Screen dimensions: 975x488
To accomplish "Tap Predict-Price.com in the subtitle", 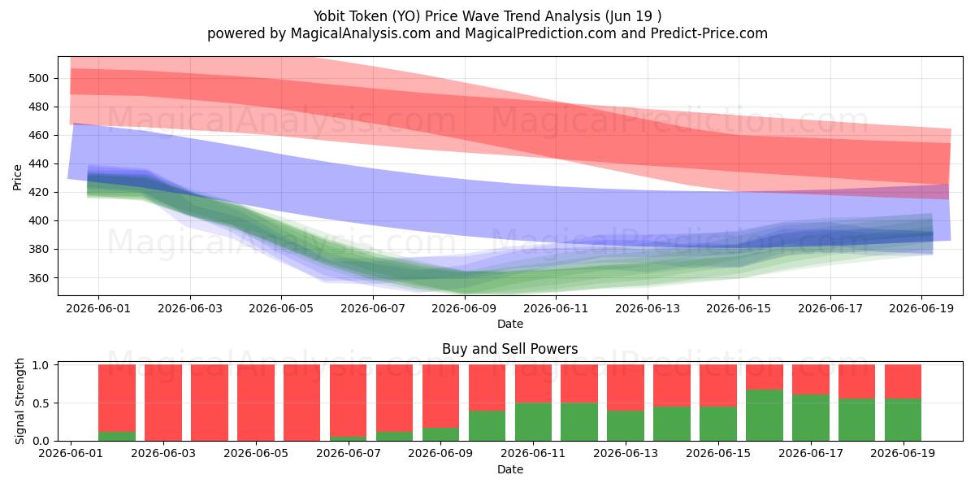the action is click(x=709, y=33).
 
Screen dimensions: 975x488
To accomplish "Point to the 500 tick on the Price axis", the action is click(x=38, y=78).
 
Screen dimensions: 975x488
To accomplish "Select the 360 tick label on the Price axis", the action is click(x=38, y=278).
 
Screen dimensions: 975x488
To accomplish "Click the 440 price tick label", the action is click(x=38, y=163).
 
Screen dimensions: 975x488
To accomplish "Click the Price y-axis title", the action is click(x=17, y=177).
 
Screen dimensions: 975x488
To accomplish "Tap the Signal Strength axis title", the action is click(x=19, y=401).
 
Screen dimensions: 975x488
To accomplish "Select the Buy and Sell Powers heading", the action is click(x=509, y=349).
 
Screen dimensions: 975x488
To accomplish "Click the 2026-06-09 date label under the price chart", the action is click(x=464, y=309).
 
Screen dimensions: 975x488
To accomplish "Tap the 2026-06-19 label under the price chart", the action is click(x=921, y=309).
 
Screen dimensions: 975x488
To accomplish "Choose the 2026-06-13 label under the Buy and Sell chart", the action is click(x=626, y=454).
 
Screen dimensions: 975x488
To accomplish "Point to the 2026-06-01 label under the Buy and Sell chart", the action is click(x=71, y=454).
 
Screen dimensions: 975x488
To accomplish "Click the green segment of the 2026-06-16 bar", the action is click(x=765, y=416).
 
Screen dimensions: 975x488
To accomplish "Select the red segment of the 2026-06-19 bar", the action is click(x=903, y=381).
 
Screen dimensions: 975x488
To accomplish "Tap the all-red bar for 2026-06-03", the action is click(x=163, y=403).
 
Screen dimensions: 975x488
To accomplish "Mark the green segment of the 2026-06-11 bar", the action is click(x=533, y=422).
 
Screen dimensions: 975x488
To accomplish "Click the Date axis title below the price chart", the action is click(x=510, y=325).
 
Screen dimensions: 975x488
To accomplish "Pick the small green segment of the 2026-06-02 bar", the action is click(x=117, y=436).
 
